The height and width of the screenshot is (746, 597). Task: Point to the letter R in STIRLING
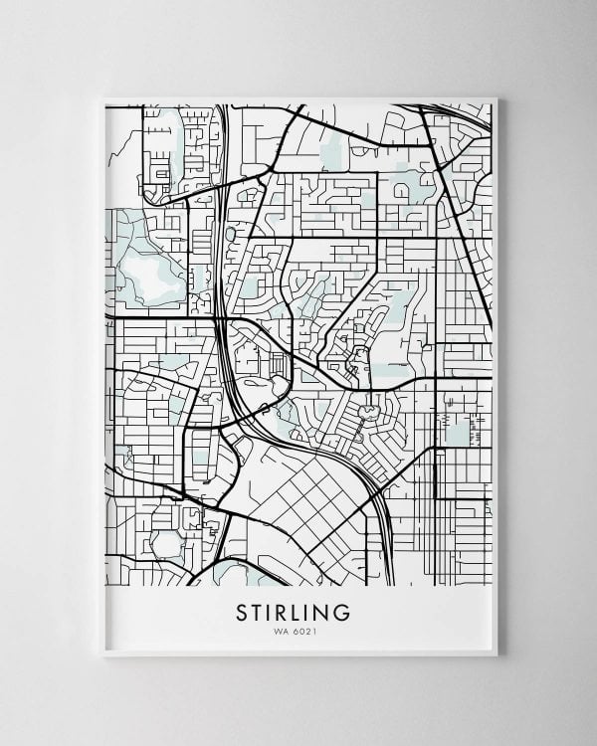[285, 613]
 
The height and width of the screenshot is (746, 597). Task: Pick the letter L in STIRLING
[300, 613]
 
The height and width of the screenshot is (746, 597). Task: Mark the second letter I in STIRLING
[312, 613]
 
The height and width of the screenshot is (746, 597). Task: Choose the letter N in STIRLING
[325, 613]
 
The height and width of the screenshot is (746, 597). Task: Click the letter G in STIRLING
[343, 613]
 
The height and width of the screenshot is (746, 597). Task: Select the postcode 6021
[304, 630]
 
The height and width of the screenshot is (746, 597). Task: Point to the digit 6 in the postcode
[298, 630]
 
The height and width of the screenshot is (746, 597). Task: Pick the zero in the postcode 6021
[302, 630]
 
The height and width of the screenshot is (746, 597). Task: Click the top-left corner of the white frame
[102, 98]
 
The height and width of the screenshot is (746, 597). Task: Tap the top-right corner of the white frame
[497, 98]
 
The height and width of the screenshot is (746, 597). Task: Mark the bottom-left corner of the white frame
[102, 655]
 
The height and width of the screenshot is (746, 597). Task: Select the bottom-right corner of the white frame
[497, 655]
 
